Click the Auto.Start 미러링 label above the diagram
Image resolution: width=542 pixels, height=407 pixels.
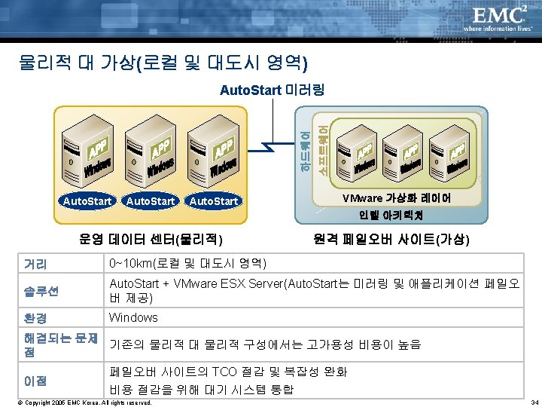click(x=271, y=91)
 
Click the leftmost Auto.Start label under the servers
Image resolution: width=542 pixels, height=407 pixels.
click(x=87, y=201)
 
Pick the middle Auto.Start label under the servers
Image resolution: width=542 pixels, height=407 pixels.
click(x=151, y=201)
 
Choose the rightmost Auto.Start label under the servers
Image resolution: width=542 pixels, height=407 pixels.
click(x=214, y=201)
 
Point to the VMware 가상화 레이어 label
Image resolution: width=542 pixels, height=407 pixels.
click(x=397, y=198)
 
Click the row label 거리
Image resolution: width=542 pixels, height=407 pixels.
click(x=35, y=265)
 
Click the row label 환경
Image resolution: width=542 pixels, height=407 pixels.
click(x=35, y=318)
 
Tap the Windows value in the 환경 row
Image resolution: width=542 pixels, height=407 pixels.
click(x=133, y=318)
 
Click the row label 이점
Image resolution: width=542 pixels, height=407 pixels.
click(x=35, y=381)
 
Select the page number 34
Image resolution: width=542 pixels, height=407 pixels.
click(x=533, y=402)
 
